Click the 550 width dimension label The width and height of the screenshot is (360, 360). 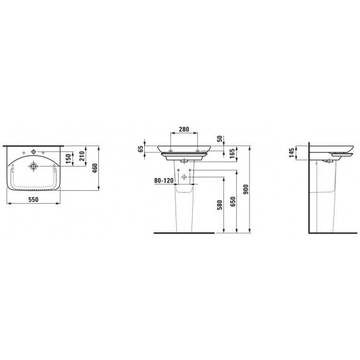tap(34, 200)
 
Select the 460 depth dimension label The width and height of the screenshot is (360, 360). tap(95, 168)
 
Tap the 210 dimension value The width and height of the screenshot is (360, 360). tap(82, 156)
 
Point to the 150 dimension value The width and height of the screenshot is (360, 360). tap(68, 158)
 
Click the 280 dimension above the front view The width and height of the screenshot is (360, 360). tap(184, 130)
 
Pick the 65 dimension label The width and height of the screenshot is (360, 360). tap(140, 149)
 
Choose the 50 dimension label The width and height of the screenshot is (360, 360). tap(220, 139)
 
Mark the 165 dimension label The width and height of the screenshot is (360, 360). tap(232, 153)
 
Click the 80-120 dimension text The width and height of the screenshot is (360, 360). tap(163, 181)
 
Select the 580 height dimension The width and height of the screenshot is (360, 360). tap(220, 205)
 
